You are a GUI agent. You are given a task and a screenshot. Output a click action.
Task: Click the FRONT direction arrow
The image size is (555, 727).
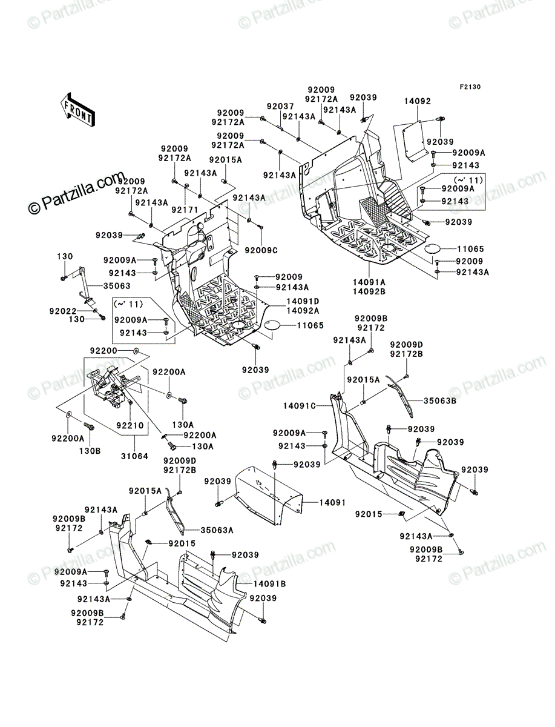pyautogui.click(x=77, y=109)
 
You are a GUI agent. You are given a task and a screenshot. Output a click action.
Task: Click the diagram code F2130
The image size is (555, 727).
pyautogui.click(x=470, y=87)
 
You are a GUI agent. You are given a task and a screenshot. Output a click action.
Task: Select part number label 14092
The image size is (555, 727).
pyautogui.click(x=418, y=101)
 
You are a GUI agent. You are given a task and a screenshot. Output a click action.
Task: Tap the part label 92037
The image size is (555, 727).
pyautogui.click(x=280, y=106)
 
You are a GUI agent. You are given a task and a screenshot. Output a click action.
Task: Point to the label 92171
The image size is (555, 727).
pyautogui.click(x=185, y=210)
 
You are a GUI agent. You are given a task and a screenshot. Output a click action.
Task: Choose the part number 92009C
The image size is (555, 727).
pyautogui.click(x=261, y=251)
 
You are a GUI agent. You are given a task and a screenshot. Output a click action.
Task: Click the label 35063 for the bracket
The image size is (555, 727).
pyautogui.click(x=117, y=285)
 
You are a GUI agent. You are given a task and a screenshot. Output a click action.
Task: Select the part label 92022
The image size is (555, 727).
pyautogui.click(x=63, y=311)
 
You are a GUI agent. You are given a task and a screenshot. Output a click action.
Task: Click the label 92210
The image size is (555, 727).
pyautogui.click(x=130, y=425)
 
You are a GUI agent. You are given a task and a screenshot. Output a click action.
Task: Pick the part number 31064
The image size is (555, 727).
pyautogui.click(x=134, y=456)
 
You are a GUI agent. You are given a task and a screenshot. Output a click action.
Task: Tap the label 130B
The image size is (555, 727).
pyautogui.click(x=90, y=451)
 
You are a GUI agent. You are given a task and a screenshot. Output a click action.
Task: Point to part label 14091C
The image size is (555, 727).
pyautogui.click(x=300, y=406)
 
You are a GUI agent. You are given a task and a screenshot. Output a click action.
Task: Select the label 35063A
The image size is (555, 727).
pyautogui.click(x=217, y=530)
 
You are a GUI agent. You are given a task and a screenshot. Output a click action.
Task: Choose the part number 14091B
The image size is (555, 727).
pyautogui.click(x=269, y=584)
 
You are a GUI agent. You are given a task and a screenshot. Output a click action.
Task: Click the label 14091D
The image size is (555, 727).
pyautogui.click(x=303, y=301)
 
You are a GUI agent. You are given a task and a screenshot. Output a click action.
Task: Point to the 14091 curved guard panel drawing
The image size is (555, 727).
pyautogui.click(x=269, y=496)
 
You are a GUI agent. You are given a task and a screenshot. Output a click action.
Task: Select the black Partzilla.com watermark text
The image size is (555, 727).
pyautogui.click(x=77, y=192)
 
